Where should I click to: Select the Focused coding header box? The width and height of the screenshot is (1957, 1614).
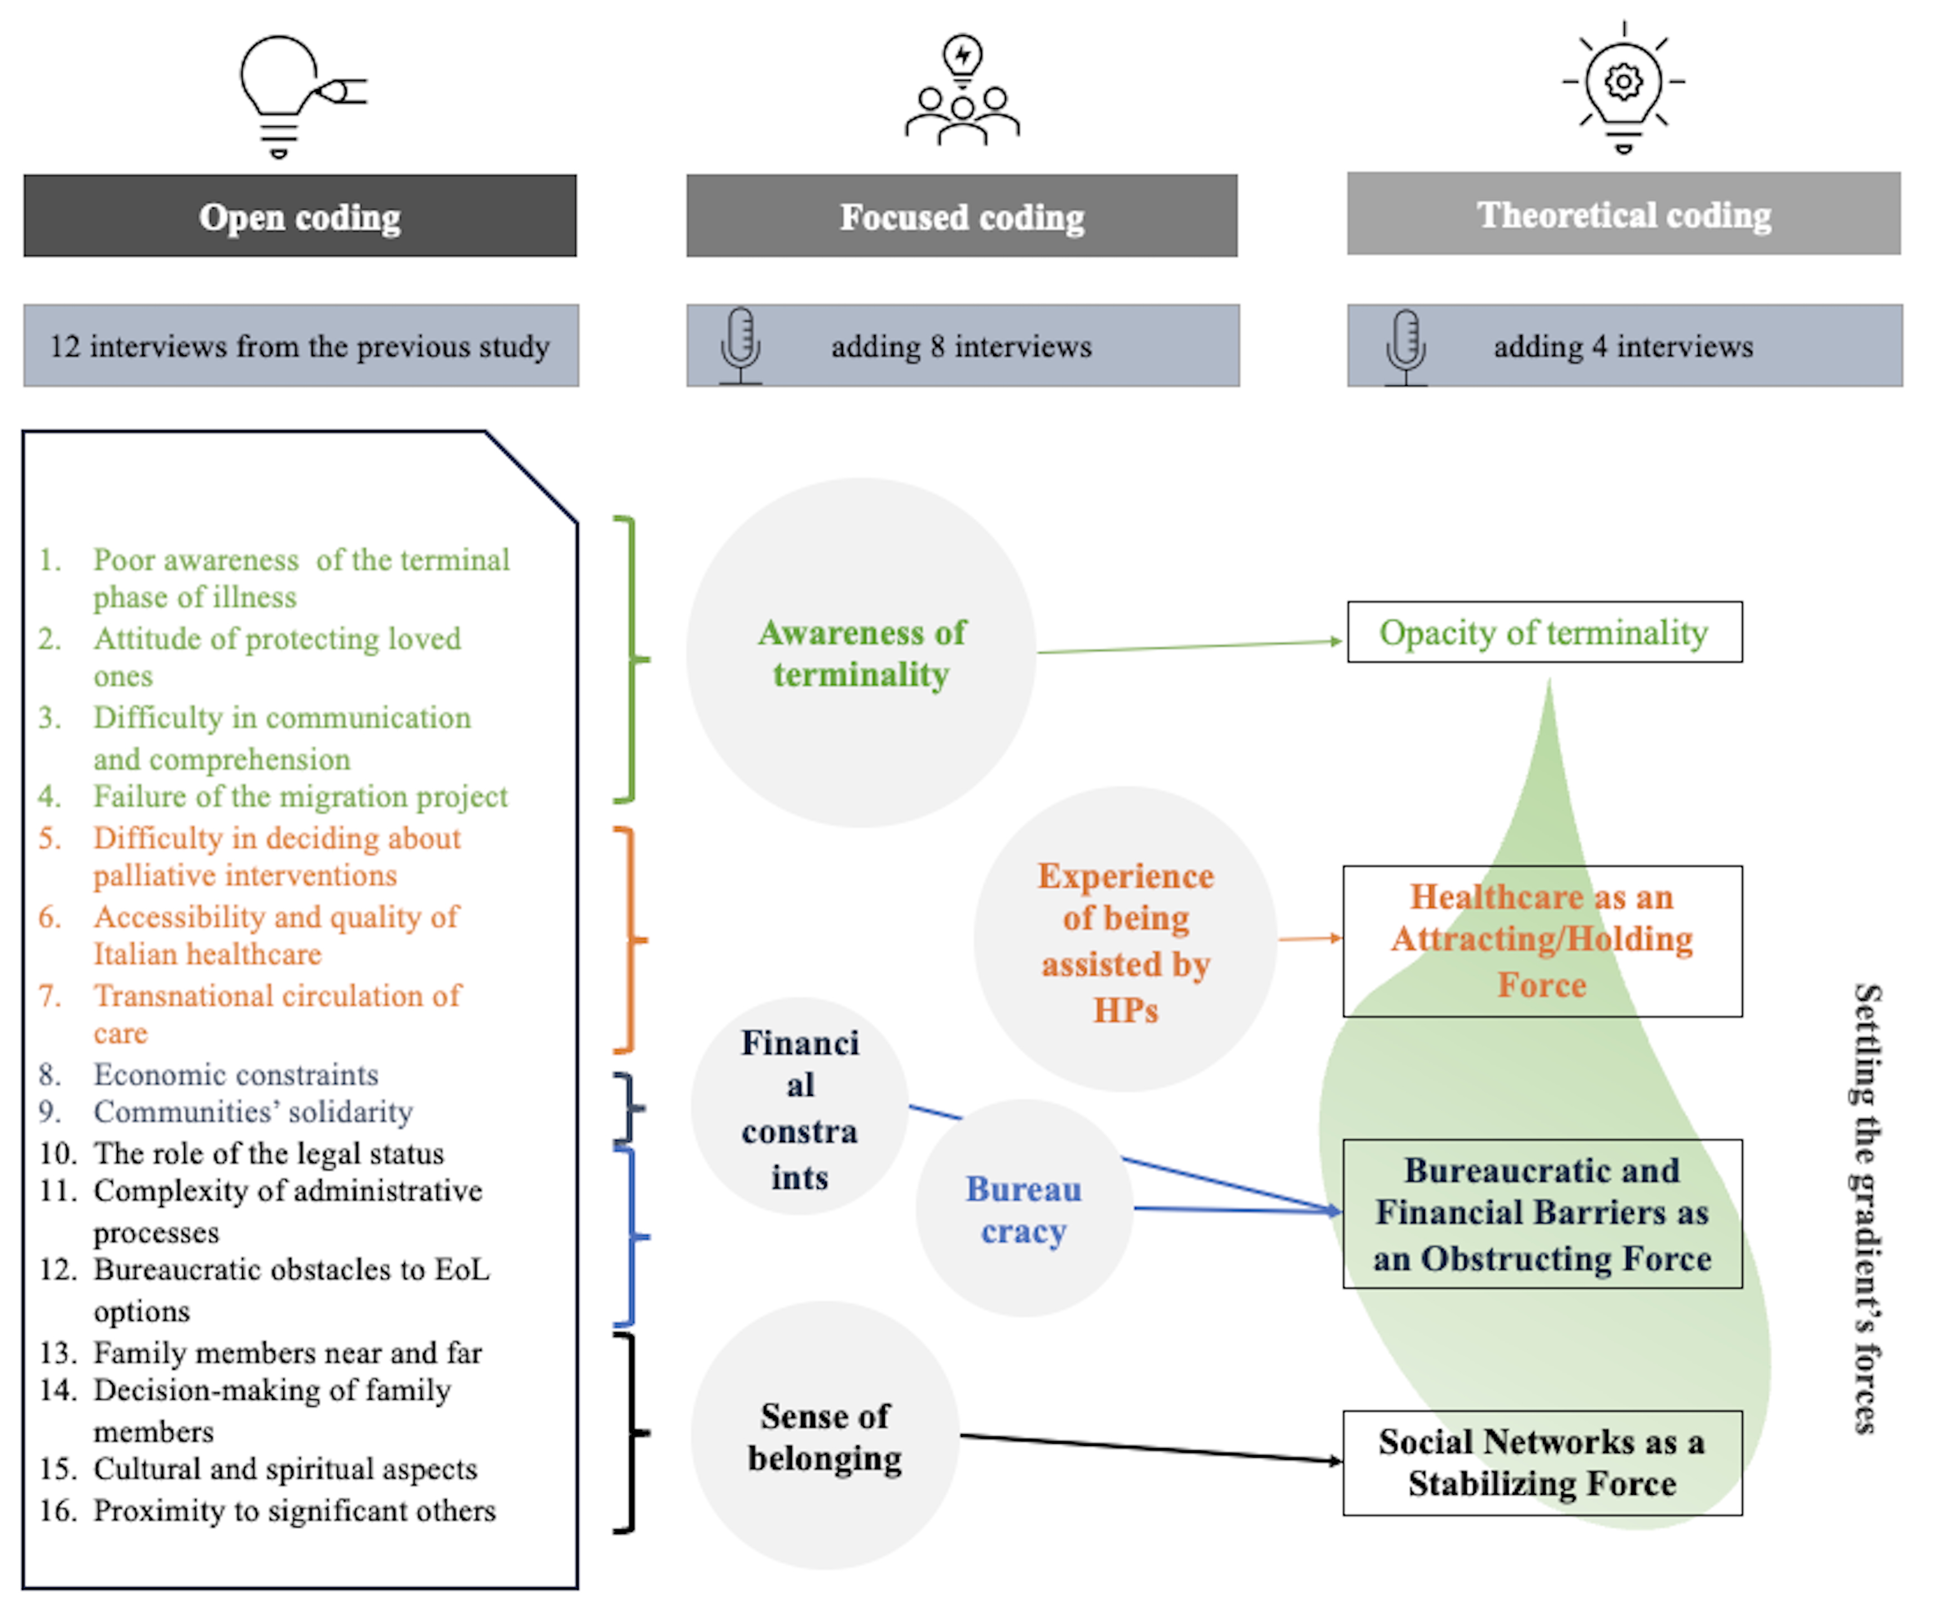tap(962, 216)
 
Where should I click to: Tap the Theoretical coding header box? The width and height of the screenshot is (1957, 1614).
tap(1623, 214)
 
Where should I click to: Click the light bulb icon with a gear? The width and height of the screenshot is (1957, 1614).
tap(1623, 86)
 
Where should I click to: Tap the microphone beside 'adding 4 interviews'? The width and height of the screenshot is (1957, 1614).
tap(1405, 346)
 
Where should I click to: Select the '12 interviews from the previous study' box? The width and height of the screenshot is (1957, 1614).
tap(300, 346)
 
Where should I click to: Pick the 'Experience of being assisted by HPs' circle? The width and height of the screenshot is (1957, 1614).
tap(1125, 939)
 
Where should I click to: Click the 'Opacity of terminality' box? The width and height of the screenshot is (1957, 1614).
tap(1544, 632)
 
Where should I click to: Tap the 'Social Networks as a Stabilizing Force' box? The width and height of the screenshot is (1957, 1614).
tap(1541, 1463)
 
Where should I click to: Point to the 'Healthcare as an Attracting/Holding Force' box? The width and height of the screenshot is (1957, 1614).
tap(1541, 941)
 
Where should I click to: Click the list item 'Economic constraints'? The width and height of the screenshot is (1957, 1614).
tap(235, 1075)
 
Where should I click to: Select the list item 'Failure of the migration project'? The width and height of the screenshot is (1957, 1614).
tap(299, 797)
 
